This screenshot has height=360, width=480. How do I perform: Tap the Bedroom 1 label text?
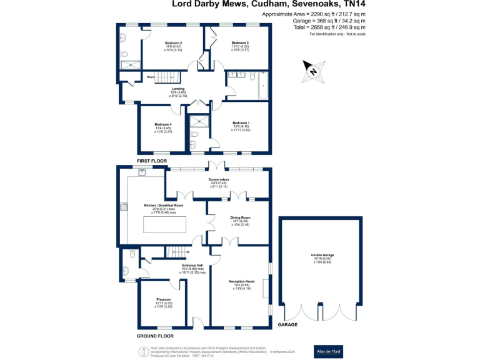241,122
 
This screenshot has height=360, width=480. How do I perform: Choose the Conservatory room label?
219,179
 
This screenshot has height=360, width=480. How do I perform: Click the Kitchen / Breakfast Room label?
164,205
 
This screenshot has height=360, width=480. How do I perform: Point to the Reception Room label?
241,282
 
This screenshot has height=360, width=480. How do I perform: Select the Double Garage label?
320,255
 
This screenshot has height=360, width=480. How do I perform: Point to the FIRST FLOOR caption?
152,161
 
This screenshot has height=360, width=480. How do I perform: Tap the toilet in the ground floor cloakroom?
132,254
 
